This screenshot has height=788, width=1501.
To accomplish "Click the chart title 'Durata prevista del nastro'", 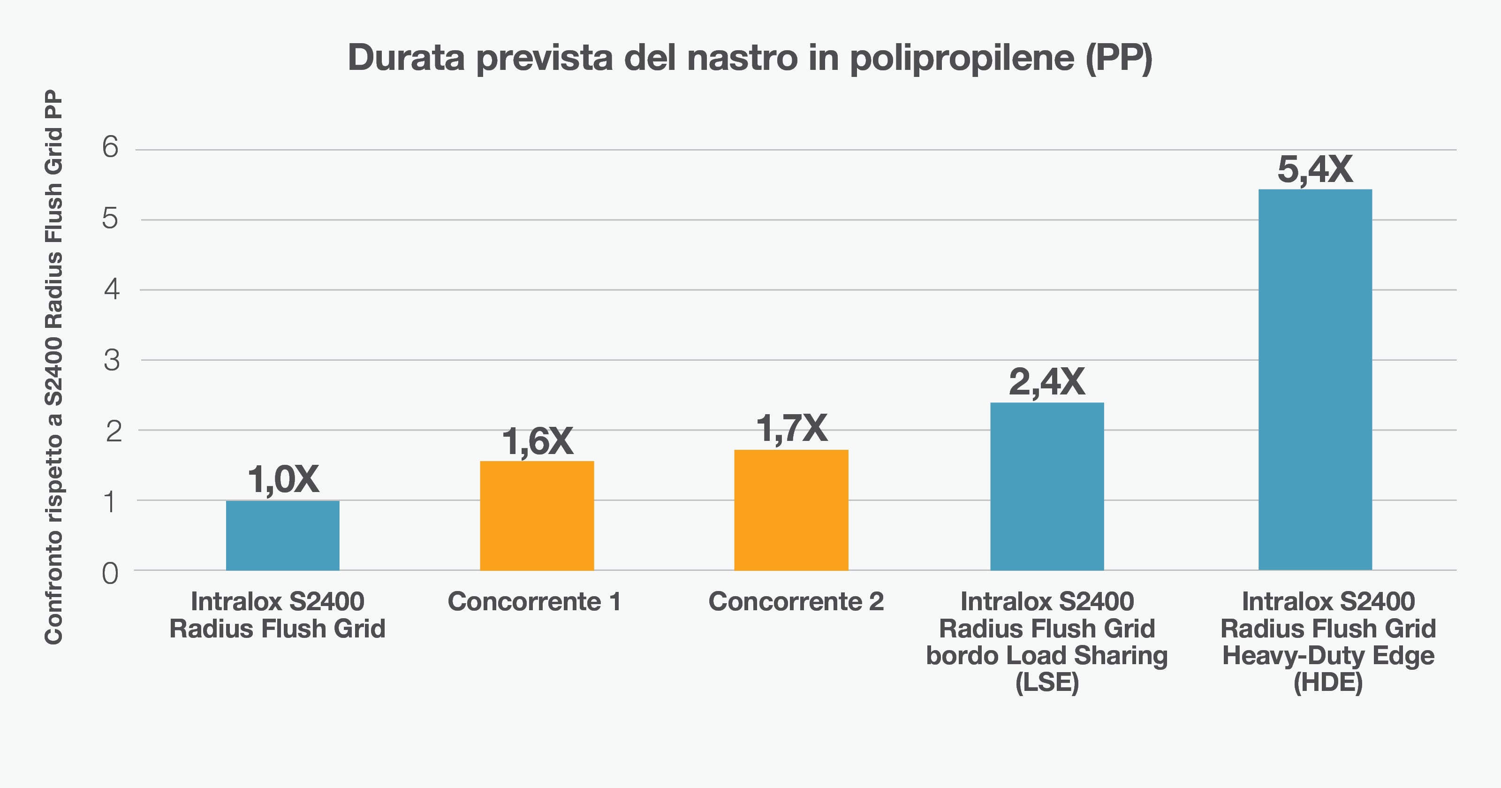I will tap(750, 58).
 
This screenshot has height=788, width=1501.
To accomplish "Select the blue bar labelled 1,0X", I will tap(282, 535).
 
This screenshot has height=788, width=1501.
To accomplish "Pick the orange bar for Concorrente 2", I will tap(791, 509).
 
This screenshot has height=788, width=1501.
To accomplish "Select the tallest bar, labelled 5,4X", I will tap(1315, 379).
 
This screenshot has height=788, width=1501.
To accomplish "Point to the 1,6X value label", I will tap(537, 441).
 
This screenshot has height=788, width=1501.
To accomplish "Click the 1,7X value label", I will tap(791, 429).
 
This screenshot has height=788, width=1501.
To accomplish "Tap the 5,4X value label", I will tap(1315, 170).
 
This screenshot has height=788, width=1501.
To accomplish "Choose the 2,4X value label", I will tap(1046, 382).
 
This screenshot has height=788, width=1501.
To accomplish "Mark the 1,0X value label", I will tap(283, 480).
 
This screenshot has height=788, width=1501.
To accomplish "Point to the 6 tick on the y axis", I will tap(110, 147).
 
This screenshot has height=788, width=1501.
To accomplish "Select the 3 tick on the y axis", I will tap(111, 360).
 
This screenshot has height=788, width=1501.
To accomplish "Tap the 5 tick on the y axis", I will tap(110, 219).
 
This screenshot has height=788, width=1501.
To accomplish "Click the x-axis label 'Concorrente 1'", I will tap(534, 601).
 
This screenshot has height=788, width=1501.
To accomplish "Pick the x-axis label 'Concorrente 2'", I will tap(796, 601).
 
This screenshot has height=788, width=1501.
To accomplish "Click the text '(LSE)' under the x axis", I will tap(1047, 682).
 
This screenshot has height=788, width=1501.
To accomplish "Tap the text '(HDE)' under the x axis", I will tap(1328, 682).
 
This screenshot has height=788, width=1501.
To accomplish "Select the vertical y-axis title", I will tap(53, 367).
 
